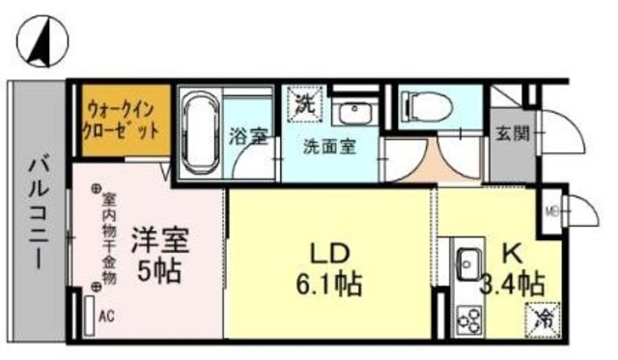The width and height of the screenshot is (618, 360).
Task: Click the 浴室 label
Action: click(x=248, y=137)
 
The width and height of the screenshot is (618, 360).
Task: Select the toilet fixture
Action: click(x=422, y=103)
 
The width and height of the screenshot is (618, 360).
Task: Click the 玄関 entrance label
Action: click(x=511, y=133)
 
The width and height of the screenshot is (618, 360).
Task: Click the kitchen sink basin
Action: click(x=469, y=260)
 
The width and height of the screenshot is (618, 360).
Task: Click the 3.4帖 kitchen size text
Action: click(x=512, y=286)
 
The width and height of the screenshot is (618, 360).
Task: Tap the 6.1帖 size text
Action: click(x=329, y=286)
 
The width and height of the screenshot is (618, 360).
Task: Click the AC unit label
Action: click(x=106, y=315)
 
